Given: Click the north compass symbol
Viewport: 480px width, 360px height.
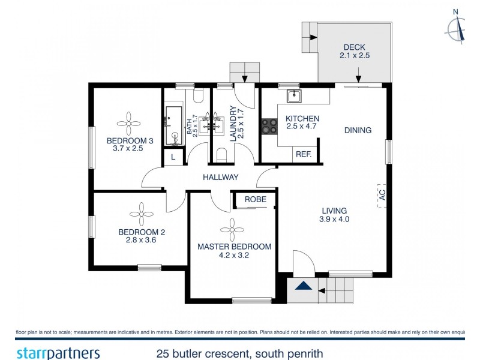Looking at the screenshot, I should (x=457, y=27).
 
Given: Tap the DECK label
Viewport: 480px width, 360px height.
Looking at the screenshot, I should (x=354, y=48).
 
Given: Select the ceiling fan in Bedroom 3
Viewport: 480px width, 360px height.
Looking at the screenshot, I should (x=129, y=123).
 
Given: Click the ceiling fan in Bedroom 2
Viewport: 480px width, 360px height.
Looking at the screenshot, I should (x=142, y=214).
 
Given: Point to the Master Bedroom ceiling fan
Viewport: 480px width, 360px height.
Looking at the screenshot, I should (x=233, y=228).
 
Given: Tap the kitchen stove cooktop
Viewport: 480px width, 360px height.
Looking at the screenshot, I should (x=268, y=126).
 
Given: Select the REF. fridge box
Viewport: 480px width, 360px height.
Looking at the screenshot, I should (x=304, y=154).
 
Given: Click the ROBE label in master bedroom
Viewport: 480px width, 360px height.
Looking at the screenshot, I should (x=255, y=199).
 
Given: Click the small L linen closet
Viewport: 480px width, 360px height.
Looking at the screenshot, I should (x=173, y=157).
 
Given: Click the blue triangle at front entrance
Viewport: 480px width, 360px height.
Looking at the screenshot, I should (x=304, y=286).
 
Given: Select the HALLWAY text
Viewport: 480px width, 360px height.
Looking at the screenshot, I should (x=220, y=177).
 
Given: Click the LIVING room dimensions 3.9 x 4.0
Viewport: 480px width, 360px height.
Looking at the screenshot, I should (x=334, y=220).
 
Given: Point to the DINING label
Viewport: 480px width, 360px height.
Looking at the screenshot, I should (x=358, y=130).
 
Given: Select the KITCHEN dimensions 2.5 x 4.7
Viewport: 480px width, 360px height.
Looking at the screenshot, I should (x=302, y=127).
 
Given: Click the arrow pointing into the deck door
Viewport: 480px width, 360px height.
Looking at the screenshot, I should (x=358, y=76).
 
